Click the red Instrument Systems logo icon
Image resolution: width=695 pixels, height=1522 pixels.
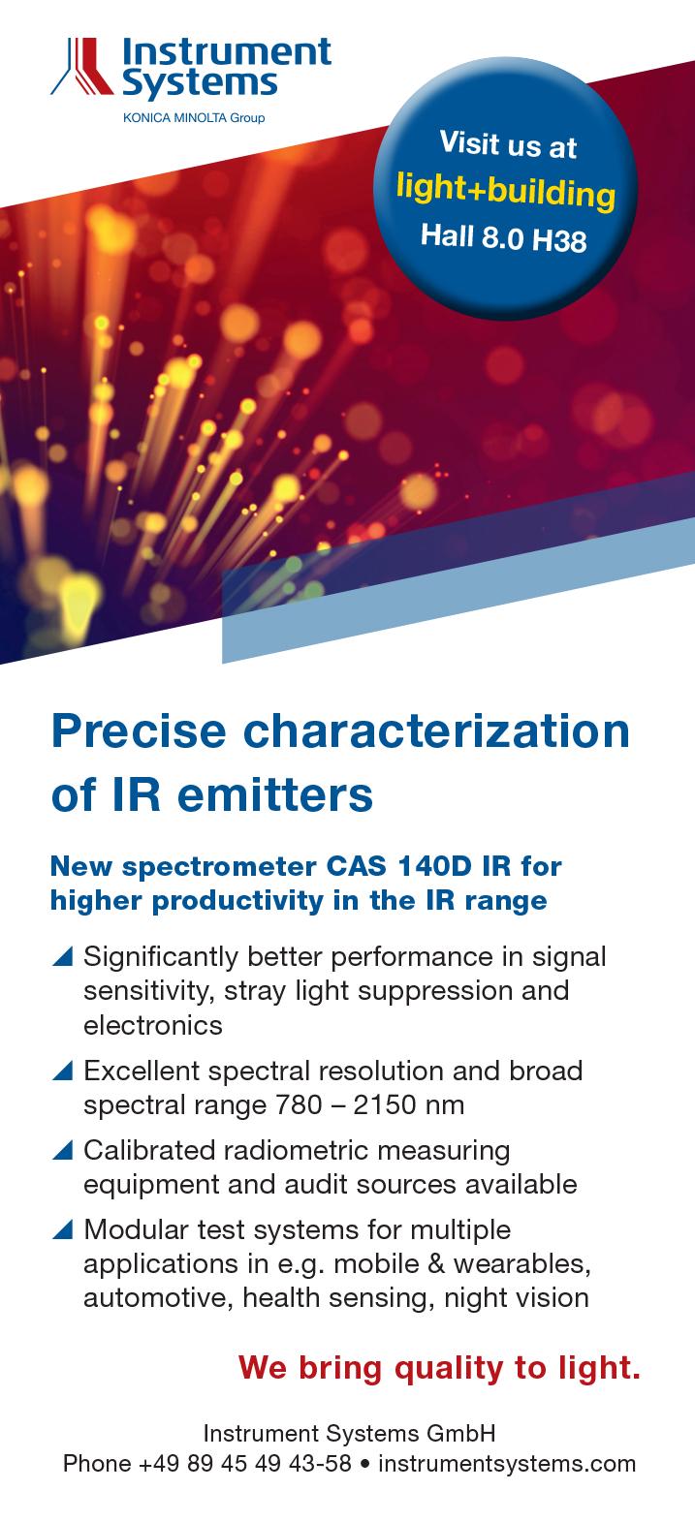81,66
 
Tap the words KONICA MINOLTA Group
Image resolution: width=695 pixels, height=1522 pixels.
194,117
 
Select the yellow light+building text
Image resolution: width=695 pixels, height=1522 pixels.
506,191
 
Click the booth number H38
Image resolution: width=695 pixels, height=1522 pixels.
559,240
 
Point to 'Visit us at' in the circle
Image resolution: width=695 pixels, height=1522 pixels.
508,144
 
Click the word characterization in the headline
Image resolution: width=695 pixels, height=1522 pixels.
436,731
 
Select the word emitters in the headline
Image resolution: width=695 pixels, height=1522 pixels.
275,795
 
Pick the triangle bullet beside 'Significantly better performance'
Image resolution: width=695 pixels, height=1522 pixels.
63,956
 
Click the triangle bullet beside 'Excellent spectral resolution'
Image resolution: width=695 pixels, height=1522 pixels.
63,1071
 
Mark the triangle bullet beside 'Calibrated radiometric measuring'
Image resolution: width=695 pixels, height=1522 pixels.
63,1150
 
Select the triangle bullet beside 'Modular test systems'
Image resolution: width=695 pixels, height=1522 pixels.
63,1229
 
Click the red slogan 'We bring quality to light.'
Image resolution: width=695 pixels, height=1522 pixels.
439,1367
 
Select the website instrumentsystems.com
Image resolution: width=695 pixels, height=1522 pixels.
507,1463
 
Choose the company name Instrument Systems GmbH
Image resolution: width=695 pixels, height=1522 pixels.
350,1433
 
